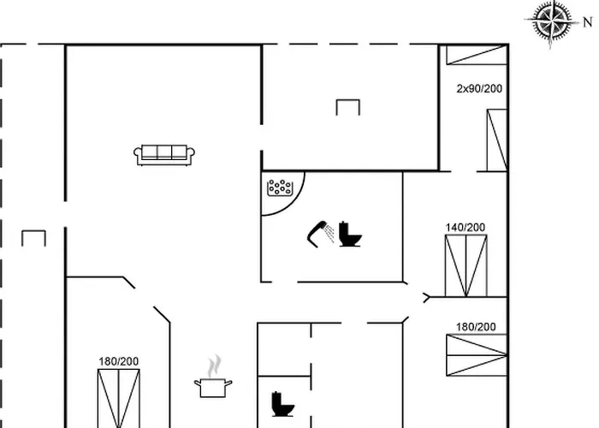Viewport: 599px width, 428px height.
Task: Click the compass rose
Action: point(552,21)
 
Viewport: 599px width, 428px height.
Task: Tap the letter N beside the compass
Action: point(588,22)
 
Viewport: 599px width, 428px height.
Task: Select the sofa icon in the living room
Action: point(164,155)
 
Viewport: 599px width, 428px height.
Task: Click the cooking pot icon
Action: point(213,388)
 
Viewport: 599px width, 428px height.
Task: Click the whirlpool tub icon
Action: point(280,187)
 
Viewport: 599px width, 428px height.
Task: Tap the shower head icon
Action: point(320,234)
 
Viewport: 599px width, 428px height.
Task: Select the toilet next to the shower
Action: point(349,235)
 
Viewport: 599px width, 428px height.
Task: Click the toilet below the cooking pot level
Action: point(282,404)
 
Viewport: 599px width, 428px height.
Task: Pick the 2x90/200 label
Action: point(479,89)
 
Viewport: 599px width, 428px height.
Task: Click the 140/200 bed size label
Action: point(466,228)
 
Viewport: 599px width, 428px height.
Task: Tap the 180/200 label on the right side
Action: point(476,327)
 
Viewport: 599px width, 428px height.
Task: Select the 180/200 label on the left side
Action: point(118,361)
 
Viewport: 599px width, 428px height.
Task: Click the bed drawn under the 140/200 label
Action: point(466,265)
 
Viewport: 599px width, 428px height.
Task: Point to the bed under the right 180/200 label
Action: point(477,355)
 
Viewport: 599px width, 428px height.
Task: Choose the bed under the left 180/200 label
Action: point(119,398)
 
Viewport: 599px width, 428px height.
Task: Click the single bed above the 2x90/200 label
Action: point(477,55)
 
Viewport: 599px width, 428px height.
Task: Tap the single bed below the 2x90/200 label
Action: point(497,140)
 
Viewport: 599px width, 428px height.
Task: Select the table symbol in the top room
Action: point(348,107)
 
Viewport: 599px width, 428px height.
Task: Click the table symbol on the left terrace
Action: point(33,238)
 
